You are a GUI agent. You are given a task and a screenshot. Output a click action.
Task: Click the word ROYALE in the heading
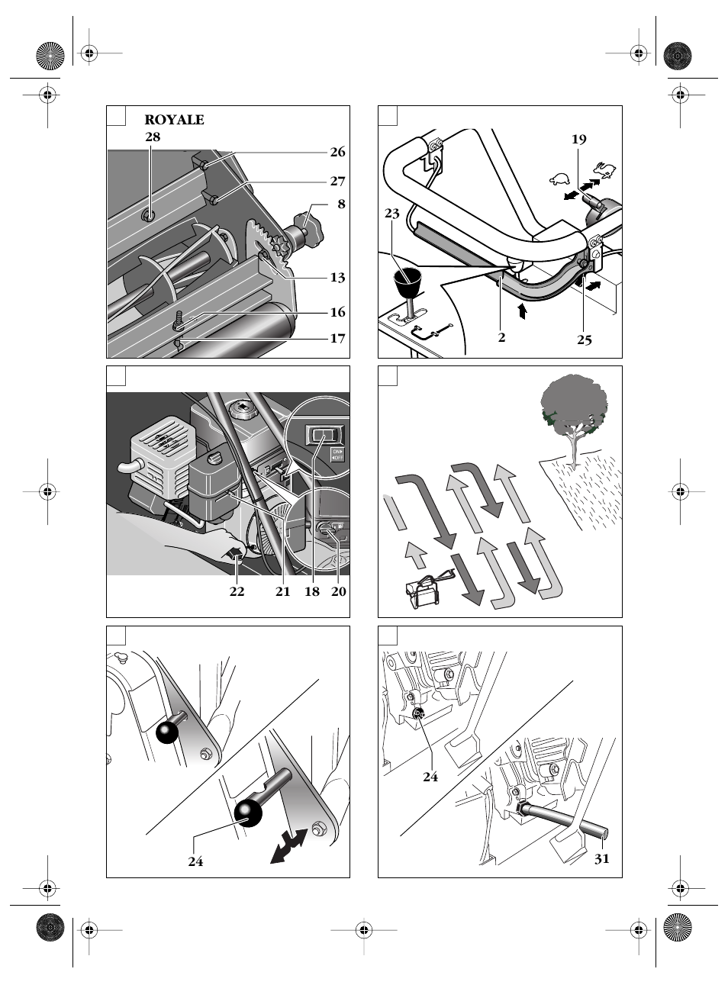point(174,120)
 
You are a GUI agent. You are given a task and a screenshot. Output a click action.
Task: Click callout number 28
point(153,137)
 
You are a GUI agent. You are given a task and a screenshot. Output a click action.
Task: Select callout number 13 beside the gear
point(337,278)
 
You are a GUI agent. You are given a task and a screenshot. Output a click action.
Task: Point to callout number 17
point(337,338)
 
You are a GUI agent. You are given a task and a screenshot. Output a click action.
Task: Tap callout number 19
point(578,139)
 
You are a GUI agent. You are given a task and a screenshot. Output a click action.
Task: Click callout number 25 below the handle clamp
point(584,340)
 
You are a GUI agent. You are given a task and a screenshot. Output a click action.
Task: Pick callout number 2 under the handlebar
point(501,337)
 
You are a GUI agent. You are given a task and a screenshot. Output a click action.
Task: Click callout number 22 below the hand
point(237,591)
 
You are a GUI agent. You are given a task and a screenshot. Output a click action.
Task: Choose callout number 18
point(312,591)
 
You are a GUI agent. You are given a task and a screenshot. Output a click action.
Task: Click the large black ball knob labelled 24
point(248,813)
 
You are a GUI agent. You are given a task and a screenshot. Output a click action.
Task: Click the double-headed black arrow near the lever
point(288,848)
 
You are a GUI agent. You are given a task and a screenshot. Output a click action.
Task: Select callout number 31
point(602,858)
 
